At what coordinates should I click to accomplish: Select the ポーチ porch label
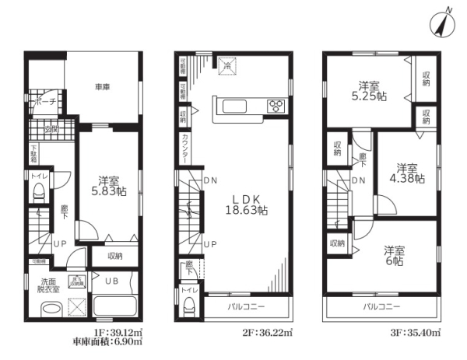click(44, 100)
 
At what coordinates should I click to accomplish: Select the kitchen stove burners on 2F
click(276, 106)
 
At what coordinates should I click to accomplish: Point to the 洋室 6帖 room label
click(392, 257)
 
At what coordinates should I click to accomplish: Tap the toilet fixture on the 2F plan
click(188, 308)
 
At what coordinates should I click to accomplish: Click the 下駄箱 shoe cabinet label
click(34, 152)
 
